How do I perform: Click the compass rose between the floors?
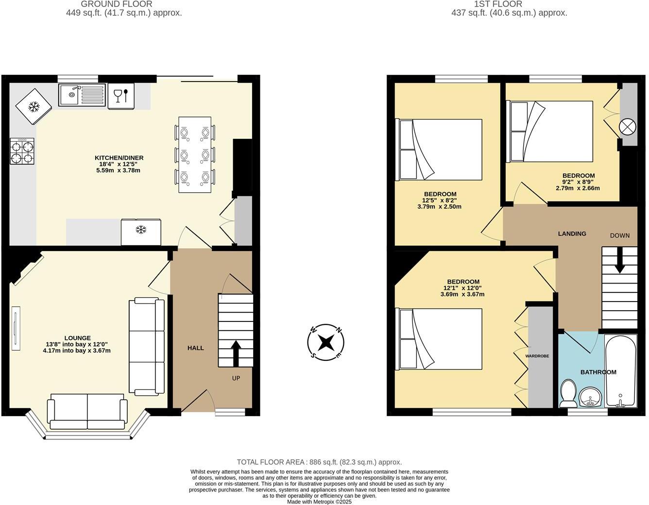click(326, 342)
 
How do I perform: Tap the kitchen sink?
click(82, 95)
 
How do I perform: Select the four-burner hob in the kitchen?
click(22, 151)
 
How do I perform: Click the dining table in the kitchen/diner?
click(195, 154)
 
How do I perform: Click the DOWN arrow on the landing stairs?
click(619, 264)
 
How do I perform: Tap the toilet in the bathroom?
click(568, 394)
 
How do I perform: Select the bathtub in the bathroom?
click(621, 371)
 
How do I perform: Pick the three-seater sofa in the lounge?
click(146, 347)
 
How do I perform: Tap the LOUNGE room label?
click(77, 338)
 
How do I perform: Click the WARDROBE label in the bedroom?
click(537, 356)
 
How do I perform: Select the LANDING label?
click(572, 234)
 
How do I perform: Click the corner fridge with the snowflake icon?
click(34, 107)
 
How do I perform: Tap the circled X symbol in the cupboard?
click(627, 127)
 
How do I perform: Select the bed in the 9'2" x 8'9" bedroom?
click(549, 131)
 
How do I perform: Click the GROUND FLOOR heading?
click(117, 4)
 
